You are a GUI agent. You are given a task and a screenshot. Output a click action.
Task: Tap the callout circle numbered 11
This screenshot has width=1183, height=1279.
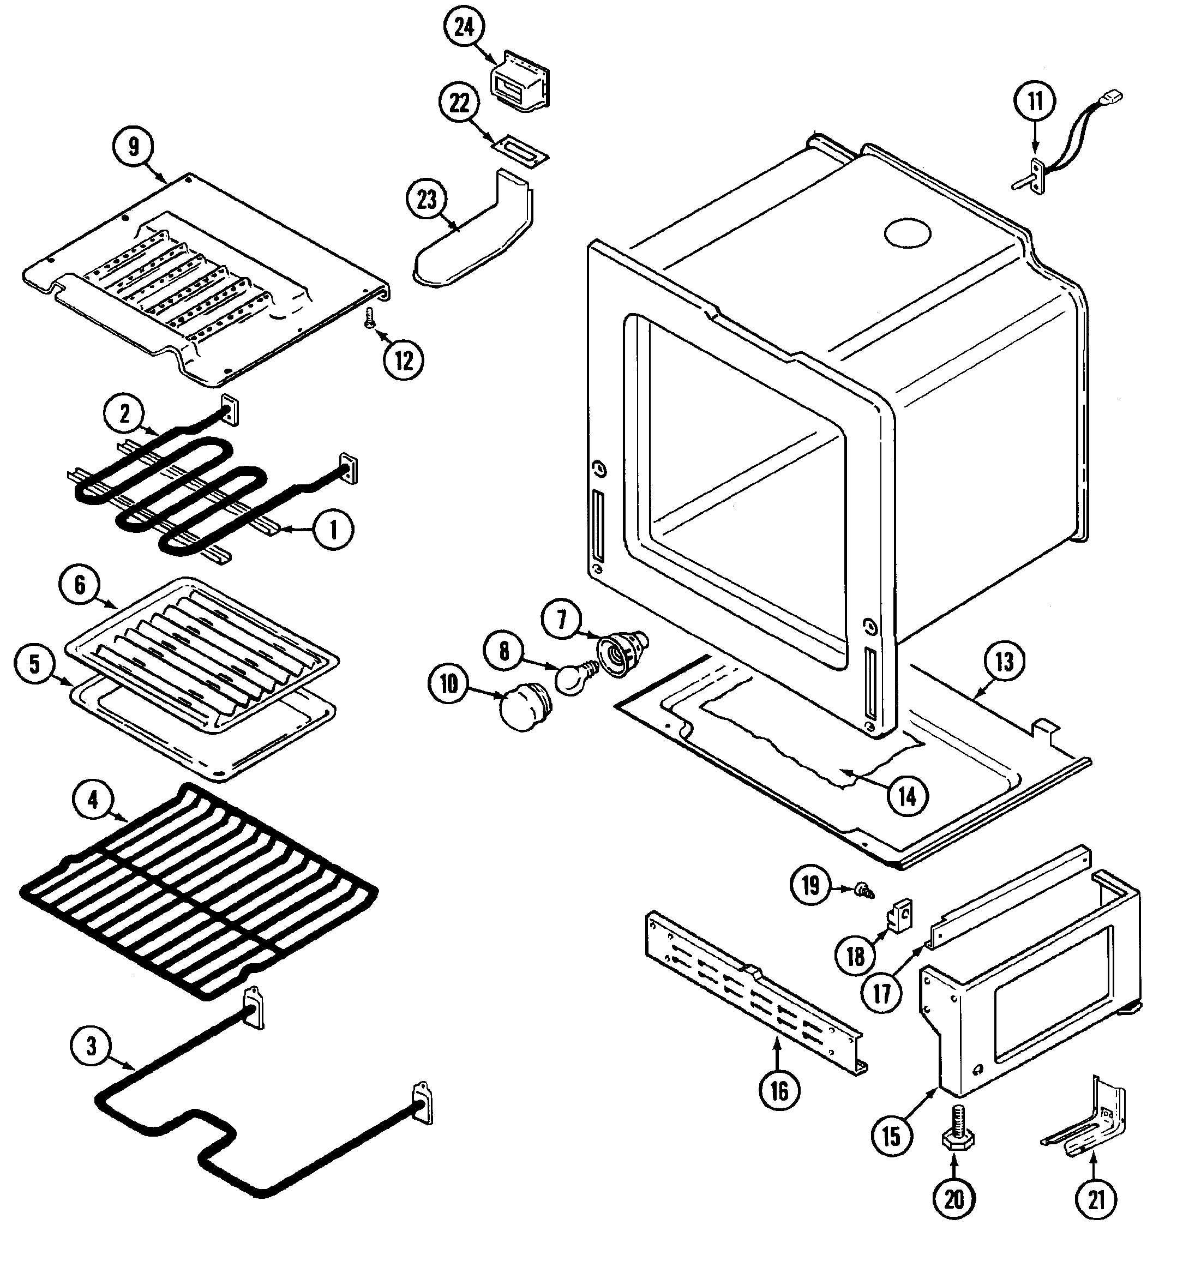(1035, 100)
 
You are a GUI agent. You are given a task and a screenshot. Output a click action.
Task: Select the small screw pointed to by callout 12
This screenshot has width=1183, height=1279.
(369, 317)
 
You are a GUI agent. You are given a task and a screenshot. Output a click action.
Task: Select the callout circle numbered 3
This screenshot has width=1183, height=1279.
(91, 1046)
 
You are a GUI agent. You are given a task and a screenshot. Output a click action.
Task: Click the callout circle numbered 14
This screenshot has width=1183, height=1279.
(907, 797)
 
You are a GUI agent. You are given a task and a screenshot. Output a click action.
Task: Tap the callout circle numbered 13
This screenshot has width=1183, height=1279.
(1003, 661)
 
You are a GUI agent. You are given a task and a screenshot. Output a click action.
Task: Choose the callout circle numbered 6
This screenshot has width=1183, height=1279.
(80, 585)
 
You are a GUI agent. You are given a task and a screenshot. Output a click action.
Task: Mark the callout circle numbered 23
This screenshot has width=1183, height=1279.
(427, 200)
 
